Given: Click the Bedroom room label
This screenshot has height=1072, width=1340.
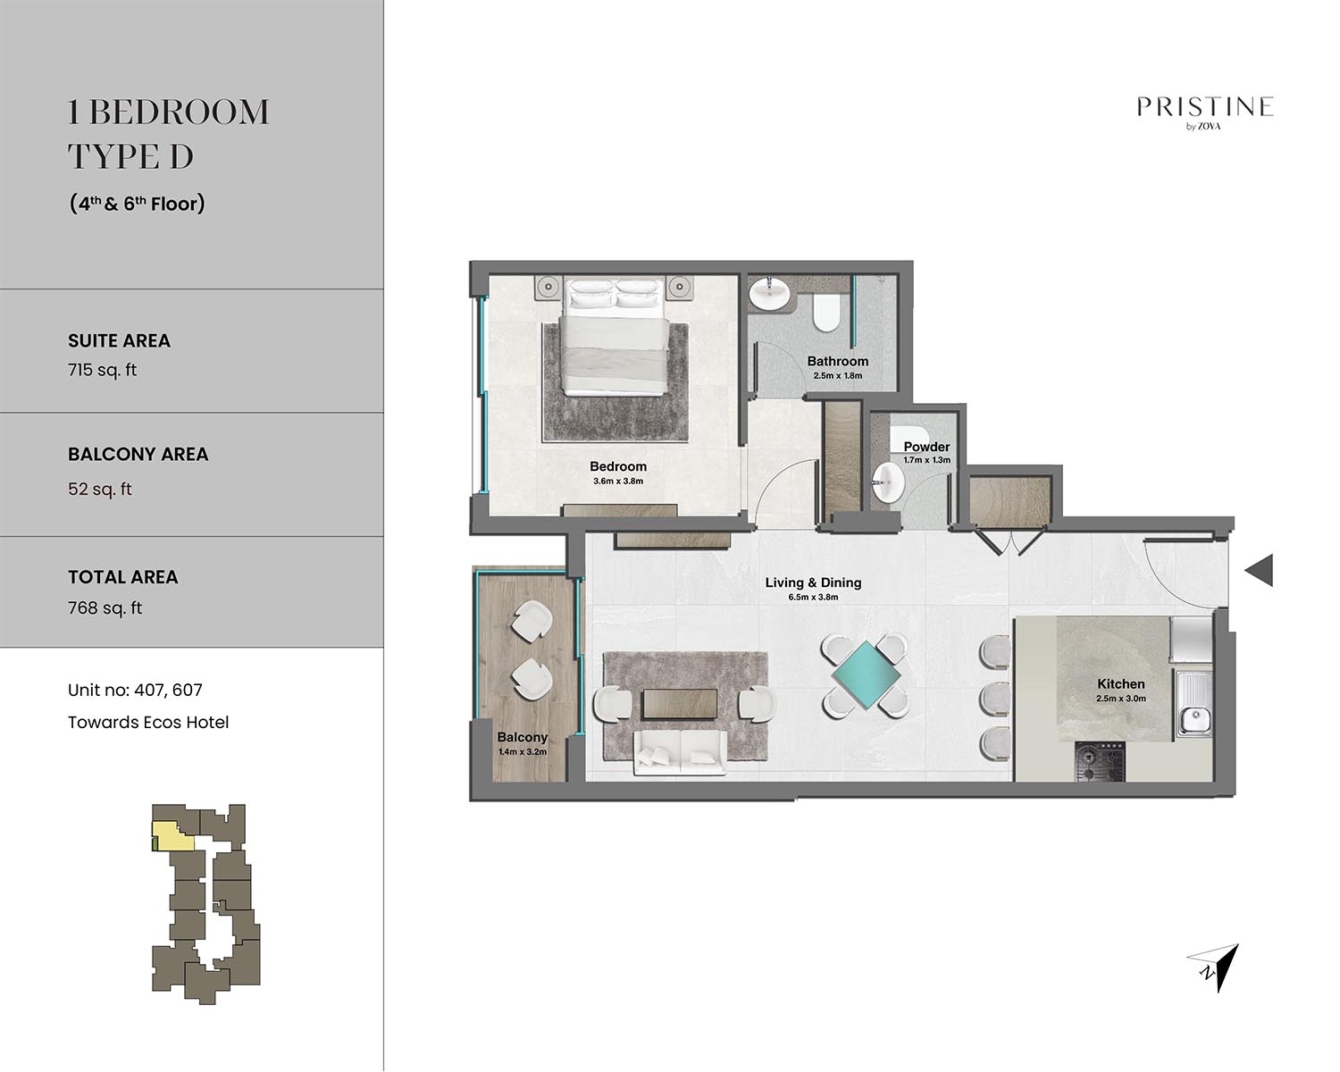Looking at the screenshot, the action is point(617,466).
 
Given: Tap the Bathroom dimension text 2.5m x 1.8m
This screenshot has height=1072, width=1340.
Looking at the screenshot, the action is point(838,375).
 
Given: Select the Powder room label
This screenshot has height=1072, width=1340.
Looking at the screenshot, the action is point(926,447).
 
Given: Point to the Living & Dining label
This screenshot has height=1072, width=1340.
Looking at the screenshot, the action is point(813,582).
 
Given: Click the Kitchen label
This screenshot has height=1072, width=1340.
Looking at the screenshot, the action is point(1121,684).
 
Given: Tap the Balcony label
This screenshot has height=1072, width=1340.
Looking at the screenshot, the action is point(522,737).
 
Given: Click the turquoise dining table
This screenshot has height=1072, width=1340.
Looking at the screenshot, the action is point(865,675).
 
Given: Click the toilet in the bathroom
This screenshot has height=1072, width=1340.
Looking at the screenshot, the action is point(827,313).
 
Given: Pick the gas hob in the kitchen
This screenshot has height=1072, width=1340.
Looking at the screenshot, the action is point(1100,761).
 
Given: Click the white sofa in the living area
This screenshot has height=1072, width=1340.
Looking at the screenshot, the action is point(679,752).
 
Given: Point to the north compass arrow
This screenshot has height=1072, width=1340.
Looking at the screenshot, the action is point(1218,967).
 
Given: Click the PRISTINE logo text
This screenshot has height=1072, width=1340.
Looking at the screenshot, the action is point(1204,107).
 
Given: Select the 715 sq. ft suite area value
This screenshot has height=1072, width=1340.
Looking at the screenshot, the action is point(102,370).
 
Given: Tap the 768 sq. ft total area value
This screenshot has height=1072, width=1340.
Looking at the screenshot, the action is point(105,608).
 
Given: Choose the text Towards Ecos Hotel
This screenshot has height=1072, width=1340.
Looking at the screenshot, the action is point(148,723).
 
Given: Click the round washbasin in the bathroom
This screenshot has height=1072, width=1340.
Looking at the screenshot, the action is point(769,294).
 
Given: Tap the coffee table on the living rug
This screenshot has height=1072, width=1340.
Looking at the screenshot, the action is point(679,704).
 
